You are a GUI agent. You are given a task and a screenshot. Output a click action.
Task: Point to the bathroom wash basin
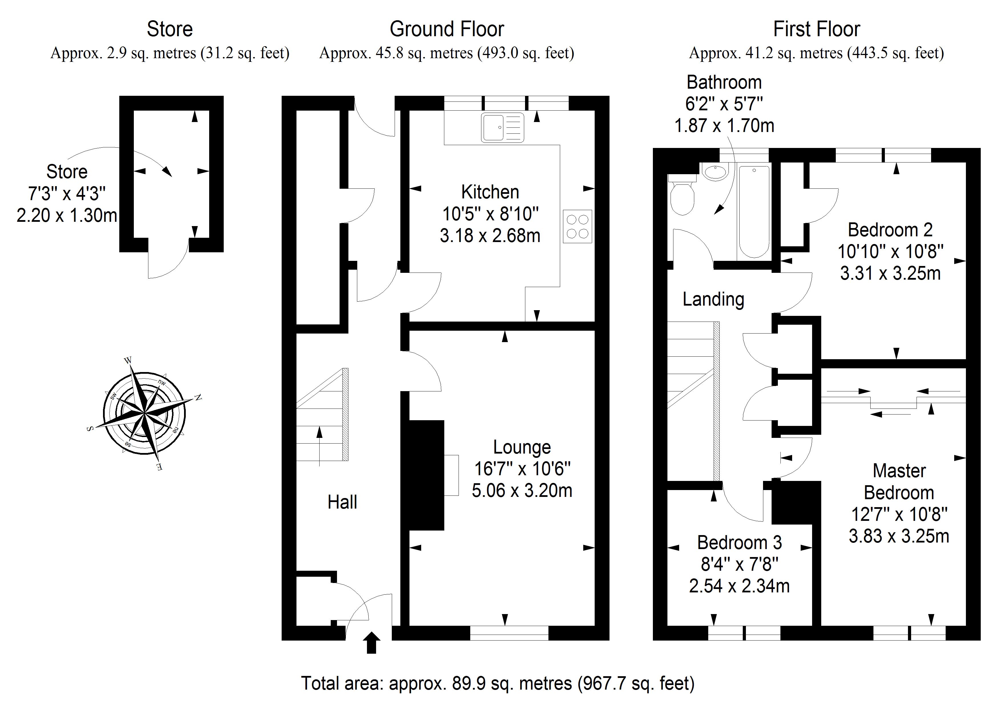(x=715, y=172)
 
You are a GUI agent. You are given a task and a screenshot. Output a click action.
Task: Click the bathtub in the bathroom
(x=754, y=211)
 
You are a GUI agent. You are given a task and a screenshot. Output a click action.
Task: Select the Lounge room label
(x=522, y=447)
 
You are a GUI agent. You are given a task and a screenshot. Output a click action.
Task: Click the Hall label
(x=342, y=502)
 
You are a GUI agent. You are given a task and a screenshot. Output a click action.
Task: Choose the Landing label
(x=713, y=300)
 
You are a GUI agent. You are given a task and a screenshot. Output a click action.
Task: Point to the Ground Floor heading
(x=447, y=29)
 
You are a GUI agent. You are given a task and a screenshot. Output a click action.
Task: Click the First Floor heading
(x=816, y=29)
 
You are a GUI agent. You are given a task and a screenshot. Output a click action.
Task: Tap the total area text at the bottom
(x=497, y=683)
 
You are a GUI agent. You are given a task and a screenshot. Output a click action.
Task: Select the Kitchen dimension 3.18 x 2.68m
(x=490, y=236)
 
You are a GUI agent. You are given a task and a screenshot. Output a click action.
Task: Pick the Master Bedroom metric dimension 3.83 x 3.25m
(x=899, y=536)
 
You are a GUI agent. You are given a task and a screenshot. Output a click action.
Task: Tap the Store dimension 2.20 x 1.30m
(x=67, y=216)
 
